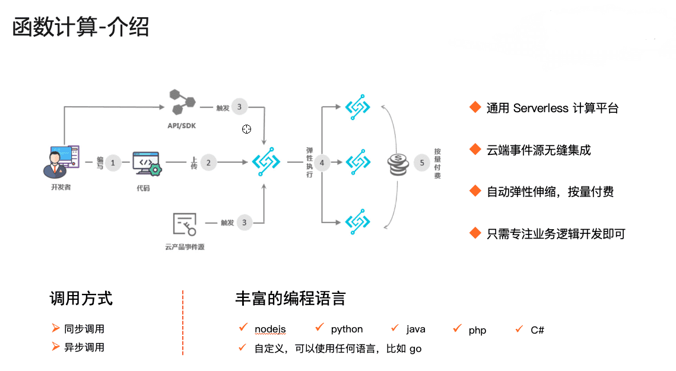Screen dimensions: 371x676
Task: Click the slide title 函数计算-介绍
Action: tap(81, 27)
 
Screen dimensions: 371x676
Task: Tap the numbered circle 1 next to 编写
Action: tap(113, 162)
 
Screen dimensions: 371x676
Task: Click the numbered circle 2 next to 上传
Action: tap(208, 162)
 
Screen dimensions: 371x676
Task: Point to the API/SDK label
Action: tap(182, 126)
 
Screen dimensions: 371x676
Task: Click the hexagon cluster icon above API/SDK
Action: tap(182, 102)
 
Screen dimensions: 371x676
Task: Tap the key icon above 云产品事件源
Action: tap(185, 224)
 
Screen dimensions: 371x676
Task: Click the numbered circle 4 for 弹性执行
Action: tap(322, 162)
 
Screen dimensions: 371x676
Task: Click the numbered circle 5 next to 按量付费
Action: tap(422, 162)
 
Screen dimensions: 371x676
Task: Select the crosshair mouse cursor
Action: tap(246, 129)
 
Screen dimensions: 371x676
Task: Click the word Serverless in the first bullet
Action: tap(541, 108)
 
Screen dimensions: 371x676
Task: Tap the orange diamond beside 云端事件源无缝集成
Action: tap(474, 149)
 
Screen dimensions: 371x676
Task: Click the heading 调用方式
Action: tap(81, 298)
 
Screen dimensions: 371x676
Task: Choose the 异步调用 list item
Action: tap(84, 347)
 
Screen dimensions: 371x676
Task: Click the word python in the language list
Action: tap(347, 329)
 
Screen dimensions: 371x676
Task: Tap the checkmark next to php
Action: tap(457, 328)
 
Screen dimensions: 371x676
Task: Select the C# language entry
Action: tap(537, 329)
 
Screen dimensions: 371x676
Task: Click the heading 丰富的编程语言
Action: tap(290, 298)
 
